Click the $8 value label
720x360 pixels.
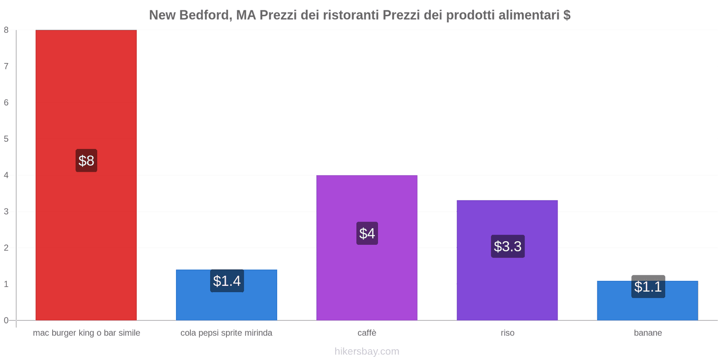click(x=86, y=161)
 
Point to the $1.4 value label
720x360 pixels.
click(x=227, y=281)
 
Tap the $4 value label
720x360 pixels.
click(x=367, y=233)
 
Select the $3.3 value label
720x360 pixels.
click(x=508, y=246)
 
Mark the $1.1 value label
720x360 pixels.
click(x=648, y=286)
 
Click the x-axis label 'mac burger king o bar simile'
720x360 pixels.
click(x=86, y=333)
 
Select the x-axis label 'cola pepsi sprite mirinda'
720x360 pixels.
click(x=226, y=333)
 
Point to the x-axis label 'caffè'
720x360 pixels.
click(x=367, y=333)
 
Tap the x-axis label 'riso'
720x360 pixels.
click(x=507, y=333)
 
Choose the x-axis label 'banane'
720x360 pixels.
click(x=648, y=333)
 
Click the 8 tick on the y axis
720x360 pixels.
click(x=6, y=30)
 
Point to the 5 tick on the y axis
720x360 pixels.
click(x=6, y=139)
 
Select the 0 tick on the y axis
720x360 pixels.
click(x=6, y=320)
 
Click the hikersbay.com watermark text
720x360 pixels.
click(x=367, y=351)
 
